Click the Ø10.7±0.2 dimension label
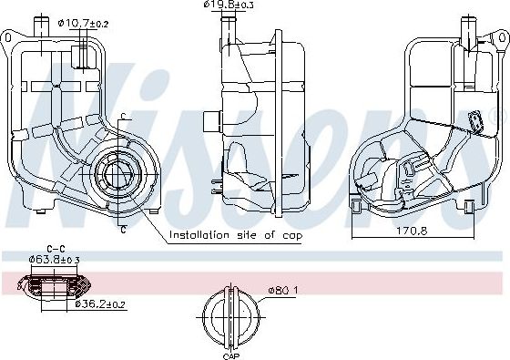(83, 24)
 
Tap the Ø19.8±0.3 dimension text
(229, 5)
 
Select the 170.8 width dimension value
(412, 231)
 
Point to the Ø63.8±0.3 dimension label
(54, 260)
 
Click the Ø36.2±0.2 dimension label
(99, 304)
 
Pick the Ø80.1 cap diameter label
(282, 290)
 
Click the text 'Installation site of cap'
(236, 235)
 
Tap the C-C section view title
(56, 250)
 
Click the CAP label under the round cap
(231, 355)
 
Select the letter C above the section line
(123, 116)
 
